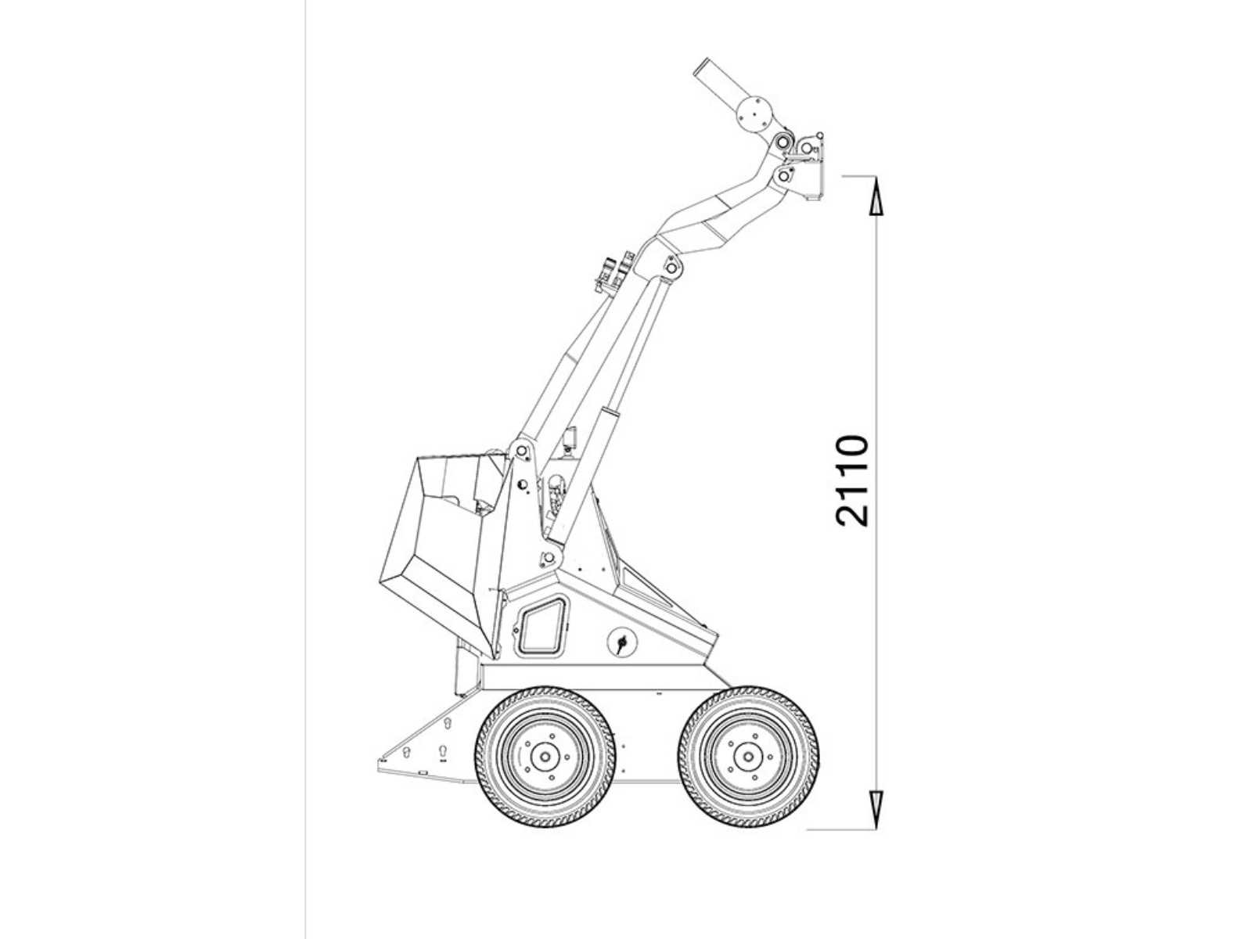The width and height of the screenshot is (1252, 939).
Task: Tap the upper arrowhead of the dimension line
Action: point(876,196)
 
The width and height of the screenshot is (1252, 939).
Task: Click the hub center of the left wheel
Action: point(545,757)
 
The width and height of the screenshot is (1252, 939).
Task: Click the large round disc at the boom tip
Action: point(754,116)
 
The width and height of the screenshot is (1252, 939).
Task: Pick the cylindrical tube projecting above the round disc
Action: point(714,78)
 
